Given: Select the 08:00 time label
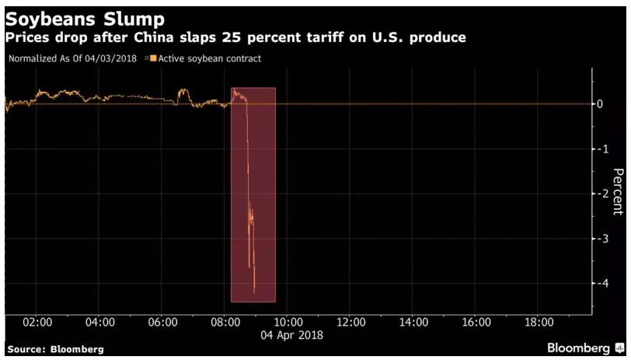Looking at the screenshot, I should click(x=225, y=322).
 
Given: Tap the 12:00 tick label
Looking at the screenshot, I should click(x=350, y=322).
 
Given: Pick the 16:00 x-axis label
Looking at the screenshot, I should click(x=476, y=322).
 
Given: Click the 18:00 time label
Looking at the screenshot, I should click(x=539, y=322).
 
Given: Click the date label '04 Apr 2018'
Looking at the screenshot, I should click(x=291, y=335).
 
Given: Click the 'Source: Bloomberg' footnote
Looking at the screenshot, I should click(x=54, y=350).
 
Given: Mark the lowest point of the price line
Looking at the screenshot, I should click(x=254, y=293).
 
